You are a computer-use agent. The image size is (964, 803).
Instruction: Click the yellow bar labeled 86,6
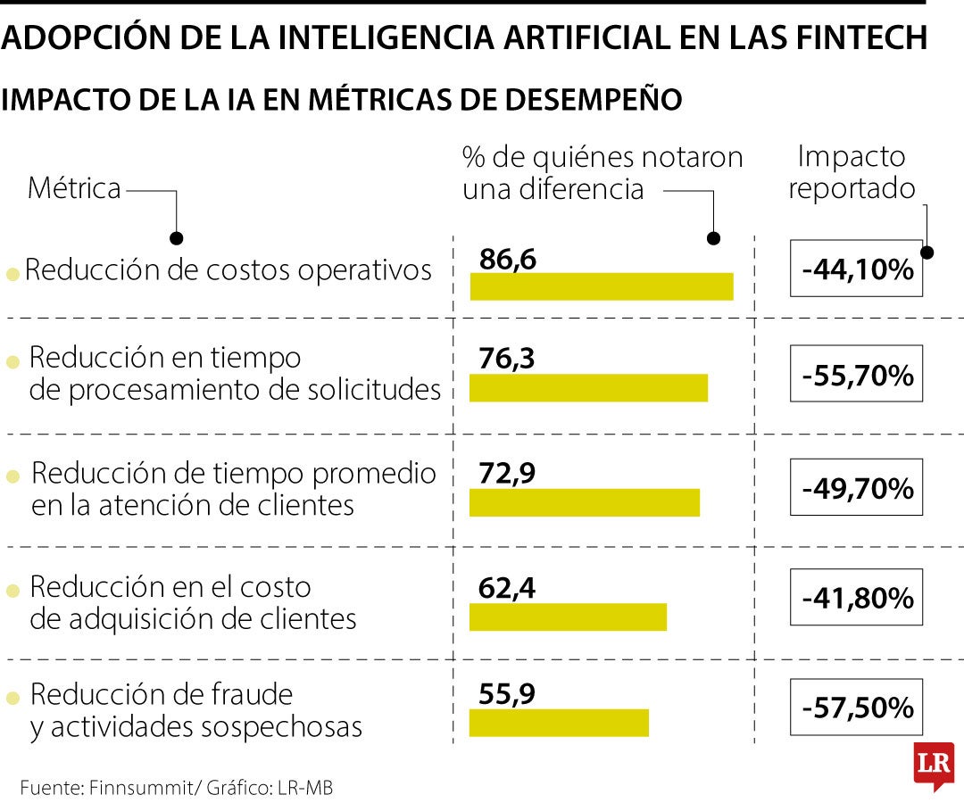(x=601, y=286)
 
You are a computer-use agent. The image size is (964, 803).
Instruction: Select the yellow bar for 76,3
(x=588, y=388)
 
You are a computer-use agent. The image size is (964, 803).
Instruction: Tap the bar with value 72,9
(x=585, y=502)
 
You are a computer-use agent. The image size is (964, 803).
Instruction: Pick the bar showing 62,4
(x=568, y=617)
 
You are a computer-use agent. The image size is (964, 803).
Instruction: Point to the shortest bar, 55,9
(x=559, y=723)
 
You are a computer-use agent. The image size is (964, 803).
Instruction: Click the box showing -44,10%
(x=856, y=269)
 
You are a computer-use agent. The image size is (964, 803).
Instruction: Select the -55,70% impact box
(x=856, y=376)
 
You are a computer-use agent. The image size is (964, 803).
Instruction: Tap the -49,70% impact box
(x=856, y=489)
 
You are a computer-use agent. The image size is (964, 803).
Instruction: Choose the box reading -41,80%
(x=856, y=598)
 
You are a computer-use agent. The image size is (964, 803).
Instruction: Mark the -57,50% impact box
(x=856, y=708)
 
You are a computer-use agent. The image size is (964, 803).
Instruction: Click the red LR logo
(x=933, y=765)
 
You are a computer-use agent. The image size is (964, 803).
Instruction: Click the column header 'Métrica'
(x=74, y=189)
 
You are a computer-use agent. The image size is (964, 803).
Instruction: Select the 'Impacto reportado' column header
(x=852, y=172)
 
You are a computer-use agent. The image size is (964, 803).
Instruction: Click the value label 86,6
(x=507, y=260)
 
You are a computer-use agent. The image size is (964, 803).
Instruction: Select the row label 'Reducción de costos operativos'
(x=229, y=270)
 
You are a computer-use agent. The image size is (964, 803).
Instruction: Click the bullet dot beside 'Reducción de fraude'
(x=12, y=697)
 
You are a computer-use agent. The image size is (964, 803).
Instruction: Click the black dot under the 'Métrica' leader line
(x=177, y=238)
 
